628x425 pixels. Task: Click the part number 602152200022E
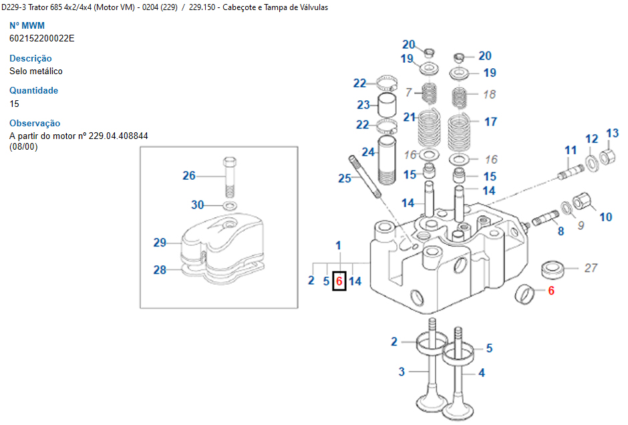[x=41, y=38]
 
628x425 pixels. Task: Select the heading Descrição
[x=30, y=58]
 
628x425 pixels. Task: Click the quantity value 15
[x=14, y=104]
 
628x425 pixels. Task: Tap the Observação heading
[x=35, y=123]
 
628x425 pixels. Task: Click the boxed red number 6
[x=339, y=281]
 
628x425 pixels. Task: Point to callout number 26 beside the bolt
[x=189, y=176]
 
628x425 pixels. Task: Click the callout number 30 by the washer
[x=197, y=204]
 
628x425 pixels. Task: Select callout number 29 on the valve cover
[x=160, y=243]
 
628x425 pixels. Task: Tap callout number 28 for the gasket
[x=160, y=270]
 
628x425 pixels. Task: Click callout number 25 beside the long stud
[x=344, y=178]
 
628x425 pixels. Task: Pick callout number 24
[x=368, y=152]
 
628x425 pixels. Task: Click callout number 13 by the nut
[x=612, y=134]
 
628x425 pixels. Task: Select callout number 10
[x=605, y=217]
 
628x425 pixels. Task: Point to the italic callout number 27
[x=591, y=268]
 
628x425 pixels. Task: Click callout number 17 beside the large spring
[x=490, y=122]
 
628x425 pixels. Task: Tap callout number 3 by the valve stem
[x=402, y=372]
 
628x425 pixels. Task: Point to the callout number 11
[x=570, y=150]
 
